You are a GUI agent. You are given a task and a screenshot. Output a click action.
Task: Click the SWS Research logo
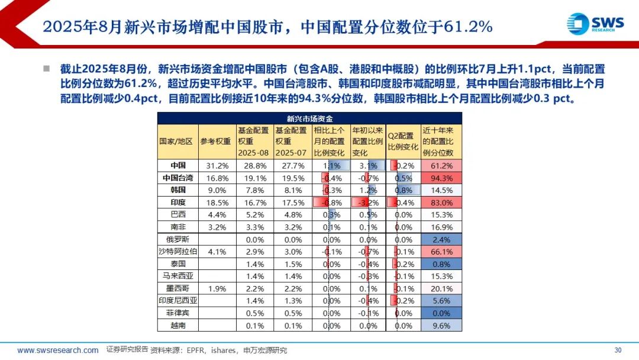[x=595, y=24]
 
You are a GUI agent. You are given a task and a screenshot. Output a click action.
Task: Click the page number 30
[x=618, y=349]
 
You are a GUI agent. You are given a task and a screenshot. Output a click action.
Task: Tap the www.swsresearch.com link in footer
[x=57, y=350]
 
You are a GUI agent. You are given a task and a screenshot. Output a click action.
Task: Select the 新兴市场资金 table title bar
[x=309, y=118]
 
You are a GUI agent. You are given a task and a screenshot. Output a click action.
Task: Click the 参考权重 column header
[x=215, y=141]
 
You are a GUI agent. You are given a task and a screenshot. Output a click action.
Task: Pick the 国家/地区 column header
[x=177, y=141]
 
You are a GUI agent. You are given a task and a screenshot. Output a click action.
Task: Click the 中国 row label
[x=177, y=166]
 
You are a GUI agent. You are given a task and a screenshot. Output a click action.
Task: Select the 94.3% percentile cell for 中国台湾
[x=441, y=178]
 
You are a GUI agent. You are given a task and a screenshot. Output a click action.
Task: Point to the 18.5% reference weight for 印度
[x=215, y=202]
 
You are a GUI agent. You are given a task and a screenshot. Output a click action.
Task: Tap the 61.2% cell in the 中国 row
[x=441, y=166]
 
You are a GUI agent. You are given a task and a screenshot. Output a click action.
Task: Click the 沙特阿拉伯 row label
[x=177, y=252]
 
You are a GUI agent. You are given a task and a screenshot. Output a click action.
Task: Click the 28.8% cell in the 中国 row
[x=253, y=166]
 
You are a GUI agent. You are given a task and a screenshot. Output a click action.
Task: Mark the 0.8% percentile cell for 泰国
[x=441, y=264]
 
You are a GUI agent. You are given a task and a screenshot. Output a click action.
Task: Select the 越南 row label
[x=177, y=325]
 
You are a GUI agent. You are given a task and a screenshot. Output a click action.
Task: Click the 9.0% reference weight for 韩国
[x=215, y=190]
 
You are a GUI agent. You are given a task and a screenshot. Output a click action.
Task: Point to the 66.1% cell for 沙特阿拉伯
[x=441, y=252]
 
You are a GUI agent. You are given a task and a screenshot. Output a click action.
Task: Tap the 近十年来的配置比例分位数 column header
[x=441, y=141]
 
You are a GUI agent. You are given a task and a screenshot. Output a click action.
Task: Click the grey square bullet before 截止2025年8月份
[x=46, y=69]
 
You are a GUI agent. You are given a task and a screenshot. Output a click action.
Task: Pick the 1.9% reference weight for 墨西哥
[x=215, y=288]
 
